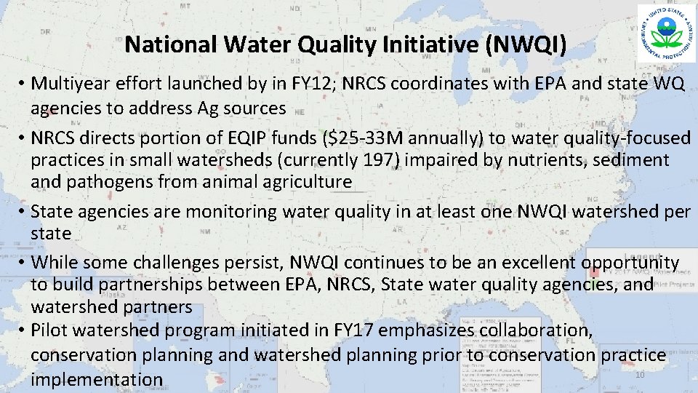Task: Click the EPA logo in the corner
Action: (x=665, y=33)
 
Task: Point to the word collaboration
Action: (x=535, y=330)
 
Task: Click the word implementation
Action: (x=97, y=380)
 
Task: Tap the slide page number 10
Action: (x=640, y=375)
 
